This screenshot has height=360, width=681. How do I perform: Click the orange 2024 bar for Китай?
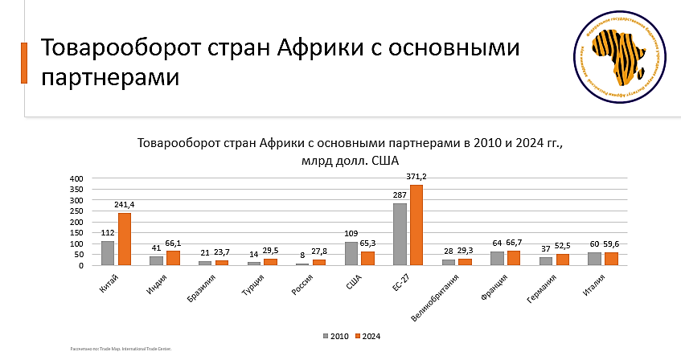[x=125, y=239]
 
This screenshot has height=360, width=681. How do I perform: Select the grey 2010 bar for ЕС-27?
[x=400, y=234]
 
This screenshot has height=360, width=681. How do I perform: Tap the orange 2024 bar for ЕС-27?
[x=416, y=225]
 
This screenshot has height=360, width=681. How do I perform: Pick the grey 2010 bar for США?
[x=351, y=253]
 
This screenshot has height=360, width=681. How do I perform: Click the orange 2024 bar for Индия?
[x=173, y=258]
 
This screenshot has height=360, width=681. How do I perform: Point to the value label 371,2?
[x=416, y=177]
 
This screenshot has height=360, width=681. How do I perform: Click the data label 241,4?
[x=125, y=205]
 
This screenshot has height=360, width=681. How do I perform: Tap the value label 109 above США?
[x=351, y=234]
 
